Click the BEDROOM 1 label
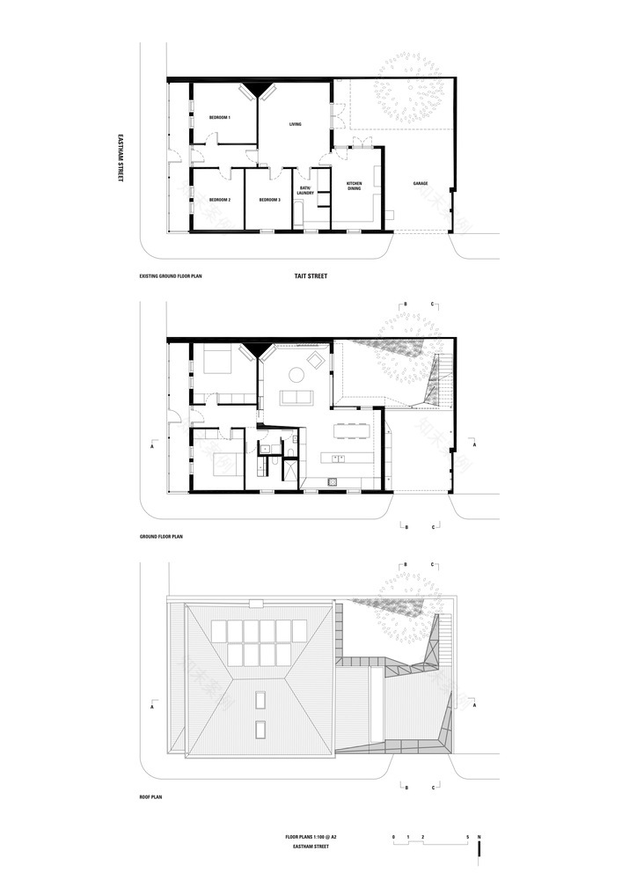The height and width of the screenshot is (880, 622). click(x=219, y=117)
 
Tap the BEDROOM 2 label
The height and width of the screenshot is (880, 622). click(x=219, y=201)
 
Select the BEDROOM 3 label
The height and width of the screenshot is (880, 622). click(x=269, y=201)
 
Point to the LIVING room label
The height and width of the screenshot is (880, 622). click(x=296, y=124)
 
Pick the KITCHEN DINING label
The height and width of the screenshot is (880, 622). click(x=355, y=186)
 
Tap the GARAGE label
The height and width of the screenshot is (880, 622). click(x=421, y=184)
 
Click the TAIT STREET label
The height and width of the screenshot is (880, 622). click(x=311, y=276)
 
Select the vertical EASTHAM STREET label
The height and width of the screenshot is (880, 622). click(x=122, y=158)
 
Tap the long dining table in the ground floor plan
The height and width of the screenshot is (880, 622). click(x=351, y=430)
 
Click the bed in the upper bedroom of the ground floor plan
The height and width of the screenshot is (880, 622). click(x=217, y=358)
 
